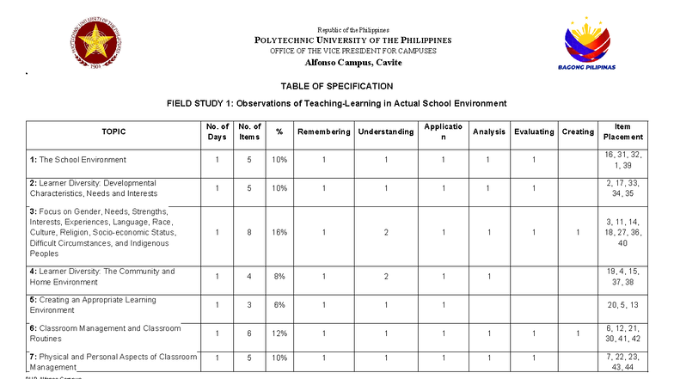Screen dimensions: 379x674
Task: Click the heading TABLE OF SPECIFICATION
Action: pos(336,86)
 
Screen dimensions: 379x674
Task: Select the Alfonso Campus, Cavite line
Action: pos(336,63)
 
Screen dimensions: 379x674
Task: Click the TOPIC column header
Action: pos(113,131)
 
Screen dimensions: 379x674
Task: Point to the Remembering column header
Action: pos(323,131)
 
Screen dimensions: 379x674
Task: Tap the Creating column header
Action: pos(578,131)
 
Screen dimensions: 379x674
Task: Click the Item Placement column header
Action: pos(622,131)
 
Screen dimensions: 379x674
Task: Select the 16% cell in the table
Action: pos(279,232)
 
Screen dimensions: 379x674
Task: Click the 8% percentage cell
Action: pos(279,277)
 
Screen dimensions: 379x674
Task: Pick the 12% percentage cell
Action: pos(279,333)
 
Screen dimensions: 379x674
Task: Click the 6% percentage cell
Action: pos(279,305)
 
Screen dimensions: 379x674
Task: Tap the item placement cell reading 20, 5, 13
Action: pos(622,305)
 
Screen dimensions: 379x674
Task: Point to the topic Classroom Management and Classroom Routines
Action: pos(105,333)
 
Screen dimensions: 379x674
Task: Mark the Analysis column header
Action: pos(488,131)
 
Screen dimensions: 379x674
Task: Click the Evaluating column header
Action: pos(534,131)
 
